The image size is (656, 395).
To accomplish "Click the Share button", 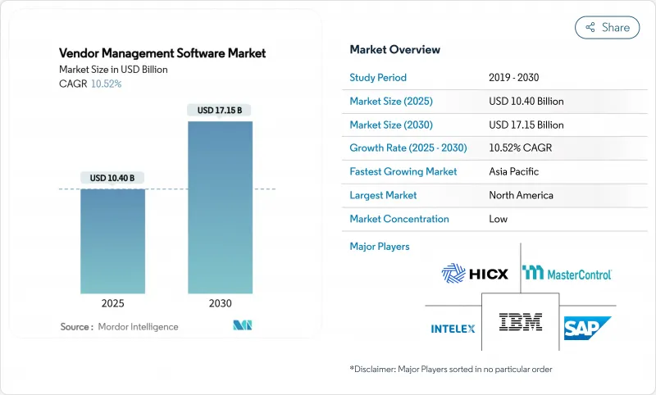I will coord(607,27).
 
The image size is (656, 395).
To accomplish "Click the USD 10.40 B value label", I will coord(112,178).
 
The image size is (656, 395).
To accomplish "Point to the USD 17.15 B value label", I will coord(220,110).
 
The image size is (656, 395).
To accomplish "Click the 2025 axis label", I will coord(112,302).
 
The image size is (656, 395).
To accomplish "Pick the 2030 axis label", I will coord(220,302).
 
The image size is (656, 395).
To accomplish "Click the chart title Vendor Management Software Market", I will coord(162,53).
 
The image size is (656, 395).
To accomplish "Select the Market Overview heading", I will coord(394,49).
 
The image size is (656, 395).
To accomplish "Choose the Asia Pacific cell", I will coord(514,172).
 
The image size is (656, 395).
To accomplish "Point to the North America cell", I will coord(521,195).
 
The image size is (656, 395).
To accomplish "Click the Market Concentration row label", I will coord(399,219).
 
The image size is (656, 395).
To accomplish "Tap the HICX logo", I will coord(475,273).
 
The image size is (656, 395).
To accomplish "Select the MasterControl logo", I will coord(567,273).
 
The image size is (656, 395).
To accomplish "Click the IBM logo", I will coord(521,325).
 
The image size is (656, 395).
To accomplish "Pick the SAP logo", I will coord(587,328).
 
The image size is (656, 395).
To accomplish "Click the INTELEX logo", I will coord(453,329).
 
